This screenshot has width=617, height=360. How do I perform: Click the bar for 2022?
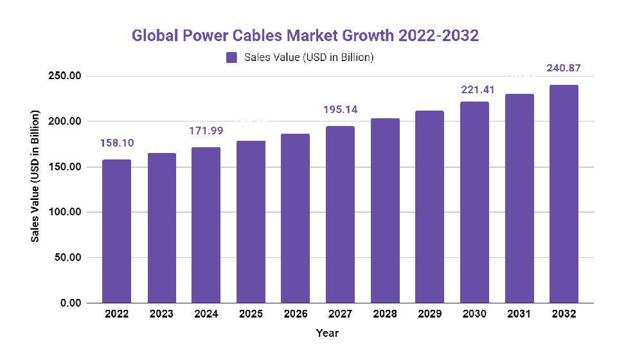pos(117,231)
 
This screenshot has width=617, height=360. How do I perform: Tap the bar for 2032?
pos(563,194)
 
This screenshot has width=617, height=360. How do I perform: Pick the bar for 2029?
pos(429,206)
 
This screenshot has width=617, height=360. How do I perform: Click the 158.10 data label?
pos(116,143)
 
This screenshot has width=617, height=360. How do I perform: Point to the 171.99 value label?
pos(206,131)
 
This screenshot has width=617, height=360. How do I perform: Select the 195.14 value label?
pos(340,110)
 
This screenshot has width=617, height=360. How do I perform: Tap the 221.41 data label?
pos(474,89)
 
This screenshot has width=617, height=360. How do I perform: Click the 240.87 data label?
pos(563,67)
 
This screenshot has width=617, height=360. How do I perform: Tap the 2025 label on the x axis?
pos(251,314)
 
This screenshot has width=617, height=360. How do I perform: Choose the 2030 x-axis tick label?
pos(474,314)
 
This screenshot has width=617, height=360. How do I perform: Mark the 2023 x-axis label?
pos(161,314)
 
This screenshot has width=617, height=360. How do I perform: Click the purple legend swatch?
pos(232,57)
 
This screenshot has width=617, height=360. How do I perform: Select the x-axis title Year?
pos(326,333)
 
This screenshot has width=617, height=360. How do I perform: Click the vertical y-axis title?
pos(36,176)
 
